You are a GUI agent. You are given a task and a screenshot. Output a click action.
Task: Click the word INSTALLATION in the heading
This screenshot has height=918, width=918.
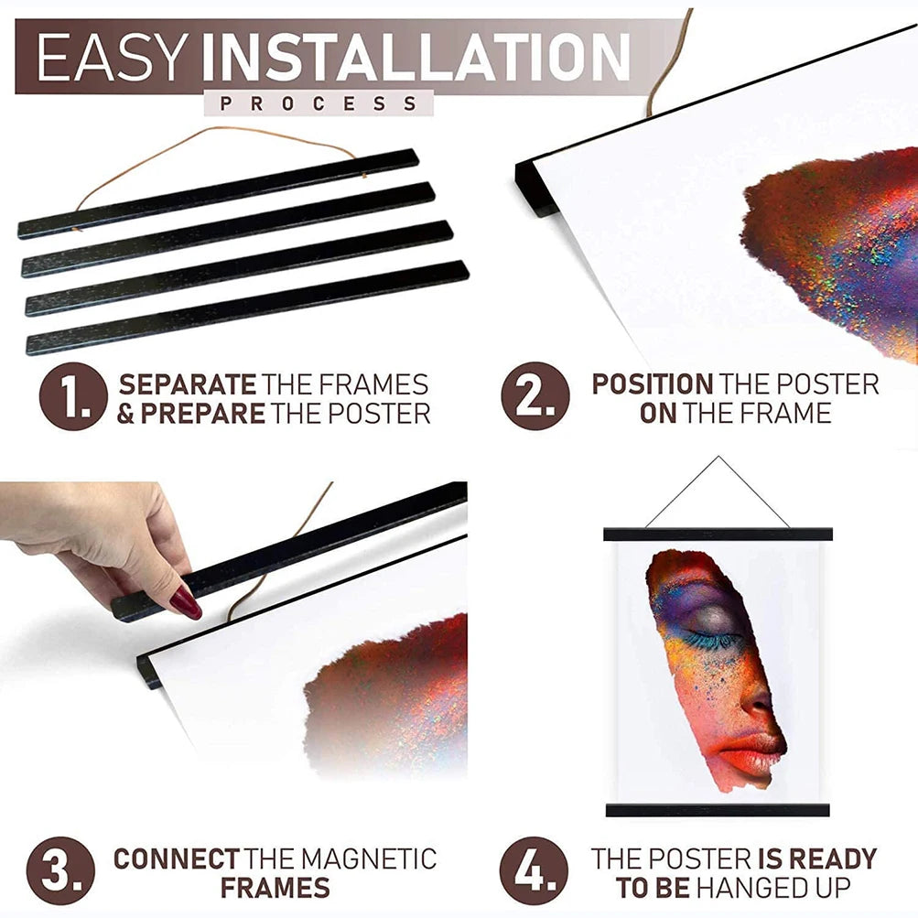pos(415,57)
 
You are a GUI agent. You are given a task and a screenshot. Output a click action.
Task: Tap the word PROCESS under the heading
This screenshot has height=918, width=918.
pos(319,103)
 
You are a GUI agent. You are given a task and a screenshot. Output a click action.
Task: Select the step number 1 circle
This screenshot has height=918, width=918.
pos(73,396)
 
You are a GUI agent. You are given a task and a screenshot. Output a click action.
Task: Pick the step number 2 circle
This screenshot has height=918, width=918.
pos(535,396)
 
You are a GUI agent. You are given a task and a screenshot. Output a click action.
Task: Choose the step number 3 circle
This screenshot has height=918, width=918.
pos(61,871)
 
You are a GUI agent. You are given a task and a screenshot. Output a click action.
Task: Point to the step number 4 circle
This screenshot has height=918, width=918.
pos(534,871)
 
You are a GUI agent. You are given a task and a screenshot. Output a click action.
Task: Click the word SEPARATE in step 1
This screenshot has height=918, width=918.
pos(188,384)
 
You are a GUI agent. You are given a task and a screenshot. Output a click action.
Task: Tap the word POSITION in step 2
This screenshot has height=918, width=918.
pos(652,384)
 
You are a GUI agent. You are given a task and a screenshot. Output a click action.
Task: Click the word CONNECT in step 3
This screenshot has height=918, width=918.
pos(176,859)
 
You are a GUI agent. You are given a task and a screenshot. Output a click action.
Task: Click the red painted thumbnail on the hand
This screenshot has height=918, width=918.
pos(186,601)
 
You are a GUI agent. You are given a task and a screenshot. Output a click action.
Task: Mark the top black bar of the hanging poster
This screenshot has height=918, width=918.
pos(718,534)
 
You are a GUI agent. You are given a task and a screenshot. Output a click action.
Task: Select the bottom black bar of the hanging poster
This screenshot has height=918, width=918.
pos(718,810)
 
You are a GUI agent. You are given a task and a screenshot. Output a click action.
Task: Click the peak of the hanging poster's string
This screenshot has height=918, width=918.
pos(718,457)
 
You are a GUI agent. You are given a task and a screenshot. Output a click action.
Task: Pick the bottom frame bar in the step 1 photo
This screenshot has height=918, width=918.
pos(247,308)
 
